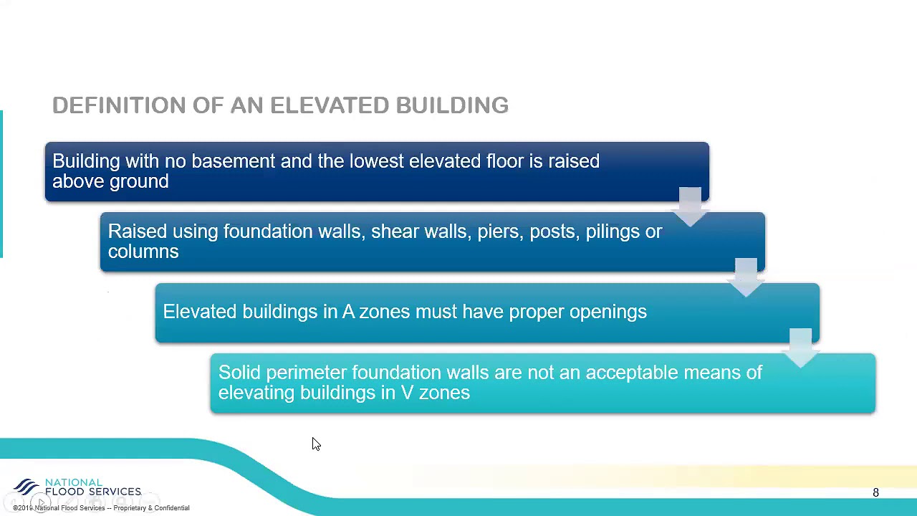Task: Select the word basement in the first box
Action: point(233,161)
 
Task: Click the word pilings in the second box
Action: point(613,231)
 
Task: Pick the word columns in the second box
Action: point(143,252)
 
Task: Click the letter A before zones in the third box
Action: point(348,312)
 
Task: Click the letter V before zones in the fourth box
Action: point(406,393)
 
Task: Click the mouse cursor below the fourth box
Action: point(316,444)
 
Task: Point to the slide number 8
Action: point(875,493)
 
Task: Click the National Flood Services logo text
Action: point(92,487)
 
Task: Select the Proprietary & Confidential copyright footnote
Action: point(101,508)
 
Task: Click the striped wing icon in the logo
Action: point(27,487)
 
